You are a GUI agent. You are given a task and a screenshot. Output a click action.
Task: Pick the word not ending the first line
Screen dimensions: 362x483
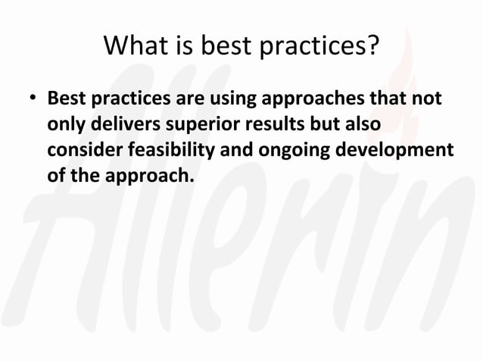pyautogui.click(x=427, y=100)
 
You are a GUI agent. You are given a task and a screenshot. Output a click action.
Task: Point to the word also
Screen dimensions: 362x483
pyautogui.click(x=362, y=125)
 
